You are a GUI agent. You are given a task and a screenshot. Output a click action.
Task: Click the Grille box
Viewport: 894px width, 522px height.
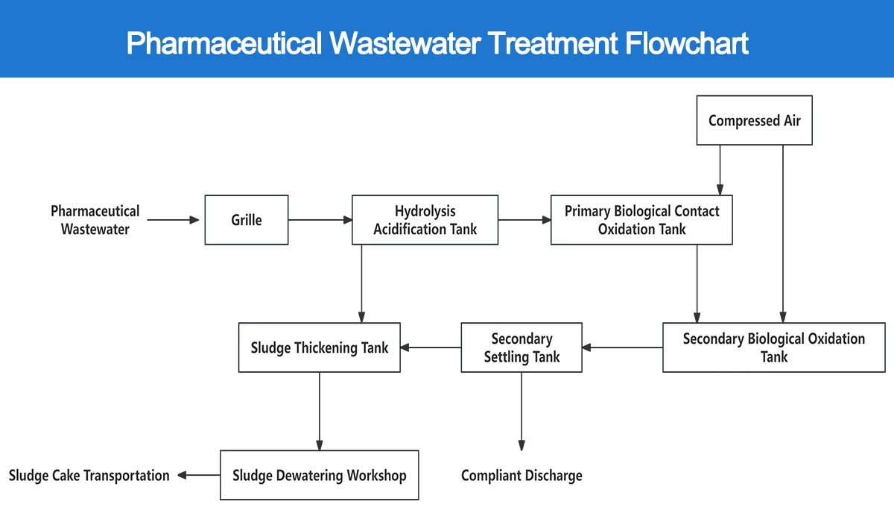tap(246, 220)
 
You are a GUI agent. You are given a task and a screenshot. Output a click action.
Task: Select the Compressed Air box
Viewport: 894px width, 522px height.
tap(754, 120)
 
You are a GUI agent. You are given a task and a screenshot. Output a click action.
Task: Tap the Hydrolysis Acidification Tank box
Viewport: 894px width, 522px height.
tap(425, 220)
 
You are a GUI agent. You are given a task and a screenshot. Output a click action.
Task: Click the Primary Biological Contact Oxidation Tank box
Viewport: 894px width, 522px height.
tap(641, 220)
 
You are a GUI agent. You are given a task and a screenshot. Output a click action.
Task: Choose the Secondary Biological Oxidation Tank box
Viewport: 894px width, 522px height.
tap(773, 348)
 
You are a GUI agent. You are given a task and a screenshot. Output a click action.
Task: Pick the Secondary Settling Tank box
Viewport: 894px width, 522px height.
tap(521, 348)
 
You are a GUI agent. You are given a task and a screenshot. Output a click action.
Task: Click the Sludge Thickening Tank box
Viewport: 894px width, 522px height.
tap(319, 348)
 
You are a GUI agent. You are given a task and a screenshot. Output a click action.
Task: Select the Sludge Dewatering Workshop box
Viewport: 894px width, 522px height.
tap(319, 475)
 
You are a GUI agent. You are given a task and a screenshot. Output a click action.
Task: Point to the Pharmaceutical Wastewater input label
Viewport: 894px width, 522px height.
tap(95, 220)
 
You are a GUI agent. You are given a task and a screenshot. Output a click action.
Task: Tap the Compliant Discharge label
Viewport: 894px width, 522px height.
tap(521, 475)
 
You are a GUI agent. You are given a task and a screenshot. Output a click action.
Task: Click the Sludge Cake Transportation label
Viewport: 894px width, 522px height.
tap(89, 475)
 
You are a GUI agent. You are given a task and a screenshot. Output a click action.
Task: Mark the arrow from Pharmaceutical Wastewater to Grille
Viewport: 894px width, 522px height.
tap(174, 220)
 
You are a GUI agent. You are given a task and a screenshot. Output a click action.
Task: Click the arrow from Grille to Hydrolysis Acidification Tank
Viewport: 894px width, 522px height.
tap(320, 220)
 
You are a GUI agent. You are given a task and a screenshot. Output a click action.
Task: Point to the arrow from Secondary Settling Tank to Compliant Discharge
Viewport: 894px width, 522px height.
tap(521, 411)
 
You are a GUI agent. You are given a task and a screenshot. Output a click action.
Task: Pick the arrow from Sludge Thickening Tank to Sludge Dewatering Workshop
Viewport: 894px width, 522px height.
tap(320, 411)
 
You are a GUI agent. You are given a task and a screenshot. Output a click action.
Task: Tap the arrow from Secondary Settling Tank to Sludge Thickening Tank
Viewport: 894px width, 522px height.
tap(431, 348)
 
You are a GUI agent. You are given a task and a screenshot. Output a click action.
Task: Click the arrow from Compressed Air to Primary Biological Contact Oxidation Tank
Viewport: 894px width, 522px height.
tap(720, 170)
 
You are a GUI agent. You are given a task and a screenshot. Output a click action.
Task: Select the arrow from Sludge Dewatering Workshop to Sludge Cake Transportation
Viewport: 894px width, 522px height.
tap(198, 475)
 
